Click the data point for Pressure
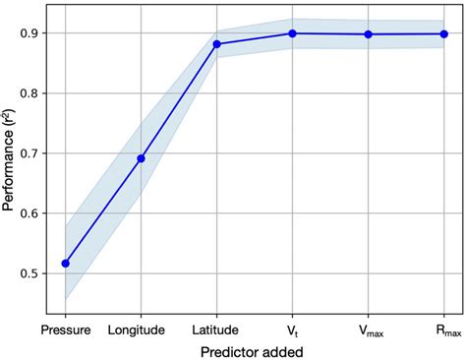66,263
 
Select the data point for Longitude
142,158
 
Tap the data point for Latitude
217,43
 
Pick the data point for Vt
293,33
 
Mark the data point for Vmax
369,34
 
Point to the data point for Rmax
443,33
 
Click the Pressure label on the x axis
66,330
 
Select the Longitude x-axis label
142,330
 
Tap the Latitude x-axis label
217,330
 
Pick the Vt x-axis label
293,330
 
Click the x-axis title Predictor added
255,350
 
